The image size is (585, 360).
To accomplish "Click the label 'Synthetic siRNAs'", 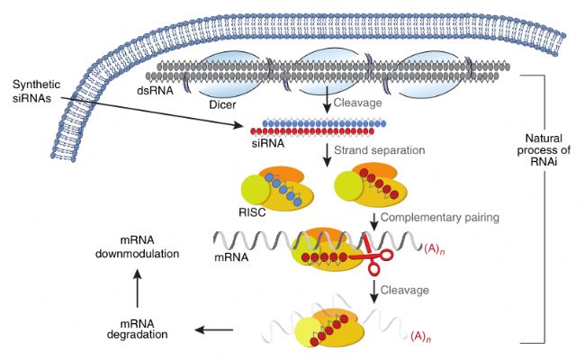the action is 36,91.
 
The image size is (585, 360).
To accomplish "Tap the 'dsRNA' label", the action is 155,91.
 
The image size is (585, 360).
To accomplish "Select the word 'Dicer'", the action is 222,104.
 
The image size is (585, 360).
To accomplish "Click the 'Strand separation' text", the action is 380,150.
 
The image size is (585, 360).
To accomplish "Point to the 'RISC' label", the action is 252,212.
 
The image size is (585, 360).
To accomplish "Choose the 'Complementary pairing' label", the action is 440,217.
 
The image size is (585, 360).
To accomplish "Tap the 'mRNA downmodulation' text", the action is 138,247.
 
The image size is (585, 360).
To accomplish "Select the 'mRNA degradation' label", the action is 138,328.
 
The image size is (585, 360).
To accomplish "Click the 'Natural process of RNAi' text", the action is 544,150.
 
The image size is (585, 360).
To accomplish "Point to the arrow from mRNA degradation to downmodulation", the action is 138,289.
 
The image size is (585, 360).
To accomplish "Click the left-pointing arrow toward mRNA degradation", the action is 214,329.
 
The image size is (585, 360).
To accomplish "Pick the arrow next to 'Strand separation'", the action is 328,155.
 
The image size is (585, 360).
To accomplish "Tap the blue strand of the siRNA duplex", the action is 324,123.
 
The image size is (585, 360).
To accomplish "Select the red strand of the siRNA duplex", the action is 312,131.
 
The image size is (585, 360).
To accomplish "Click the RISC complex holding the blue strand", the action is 278,189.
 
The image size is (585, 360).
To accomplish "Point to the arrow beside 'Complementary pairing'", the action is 373,222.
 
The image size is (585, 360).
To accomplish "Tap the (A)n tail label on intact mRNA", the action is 435,249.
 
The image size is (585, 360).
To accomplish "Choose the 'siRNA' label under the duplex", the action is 268,144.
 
